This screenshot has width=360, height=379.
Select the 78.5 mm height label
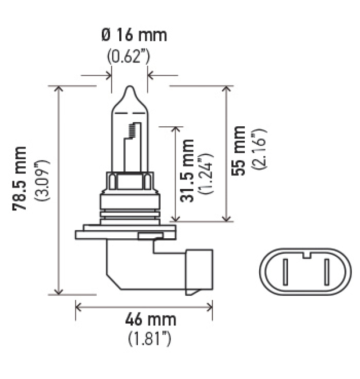21,178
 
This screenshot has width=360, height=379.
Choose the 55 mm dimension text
240,151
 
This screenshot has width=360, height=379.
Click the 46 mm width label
150,320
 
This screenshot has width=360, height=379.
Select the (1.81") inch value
150,338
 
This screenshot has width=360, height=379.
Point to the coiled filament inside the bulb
132,130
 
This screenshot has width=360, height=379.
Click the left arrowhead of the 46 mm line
78,307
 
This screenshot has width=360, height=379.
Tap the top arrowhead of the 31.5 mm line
175,129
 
